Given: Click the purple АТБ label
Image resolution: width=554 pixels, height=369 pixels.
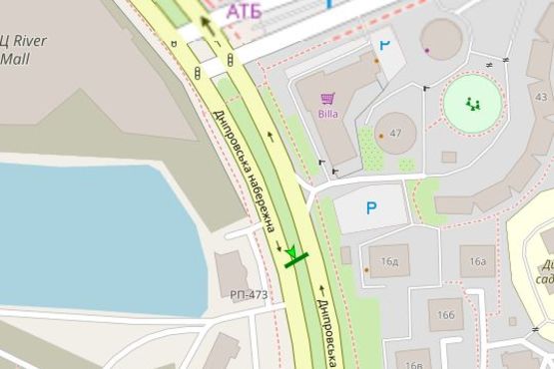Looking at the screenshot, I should click(248, 11).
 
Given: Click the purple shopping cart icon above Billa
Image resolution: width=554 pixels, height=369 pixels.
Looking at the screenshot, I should click(327, 98).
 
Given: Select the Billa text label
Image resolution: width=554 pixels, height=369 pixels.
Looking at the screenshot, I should click(328, 113).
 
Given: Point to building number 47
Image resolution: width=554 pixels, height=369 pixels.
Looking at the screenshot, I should click(396, 133).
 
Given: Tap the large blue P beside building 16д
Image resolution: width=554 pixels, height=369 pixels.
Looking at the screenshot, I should click(371, 208).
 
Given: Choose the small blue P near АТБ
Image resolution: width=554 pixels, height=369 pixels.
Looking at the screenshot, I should click(385, 45).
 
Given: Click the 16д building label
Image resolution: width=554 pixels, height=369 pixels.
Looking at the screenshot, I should click(389, 261).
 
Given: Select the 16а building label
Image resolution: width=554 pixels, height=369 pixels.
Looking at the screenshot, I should click(478, 261).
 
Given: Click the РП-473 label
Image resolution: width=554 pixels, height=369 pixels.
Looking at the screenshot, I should click(249, 294).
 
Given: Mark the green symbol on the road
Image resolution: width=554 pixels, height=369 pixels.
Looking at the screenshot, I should click(293, 258).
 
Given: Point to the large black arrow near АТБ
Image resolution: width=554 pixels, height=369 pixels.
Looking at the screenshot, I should click(207, 24).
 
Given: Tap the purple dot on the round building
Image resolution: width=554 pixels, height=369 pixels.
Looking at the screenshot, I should click(426, 49).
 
